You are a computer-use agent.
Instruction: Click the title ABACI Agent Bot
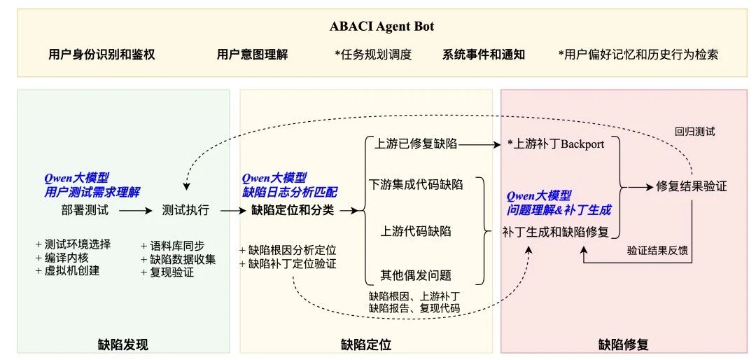382,27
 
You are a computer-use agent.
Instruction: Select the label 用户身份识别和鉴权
101,54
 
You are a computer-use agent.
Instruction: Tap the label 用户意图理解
252,54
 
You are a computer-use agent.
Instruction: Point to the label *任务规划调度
373,54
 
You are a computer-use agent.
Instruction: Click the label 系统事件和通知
484,54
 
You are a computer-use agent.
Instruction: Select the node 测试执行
185,209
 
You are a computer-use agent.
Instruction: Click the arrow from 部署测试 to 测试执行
134,209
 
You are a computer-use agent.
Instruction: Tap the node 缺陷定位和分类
293,209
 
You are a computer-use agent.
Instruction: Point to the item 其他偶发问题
416,275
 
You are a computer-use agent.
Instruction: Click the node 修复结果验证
692,186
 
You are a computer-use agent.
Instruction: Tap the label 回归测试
694,131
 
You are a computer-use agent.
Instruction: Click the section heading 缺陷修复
624,344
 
